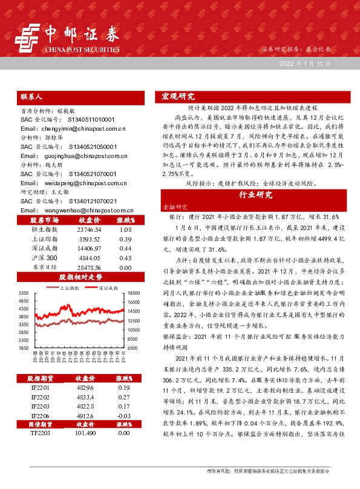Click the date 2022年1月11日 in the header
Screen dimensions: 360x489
[305, 63]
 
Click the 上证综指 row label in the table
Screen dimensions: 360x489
[44, 240]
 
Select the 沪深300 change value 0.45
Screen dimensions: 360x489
[125, 258]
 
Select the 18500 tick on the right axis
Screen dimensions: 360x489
[134, 293]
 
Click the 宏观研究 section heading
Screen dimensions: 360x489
[178, 97]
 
